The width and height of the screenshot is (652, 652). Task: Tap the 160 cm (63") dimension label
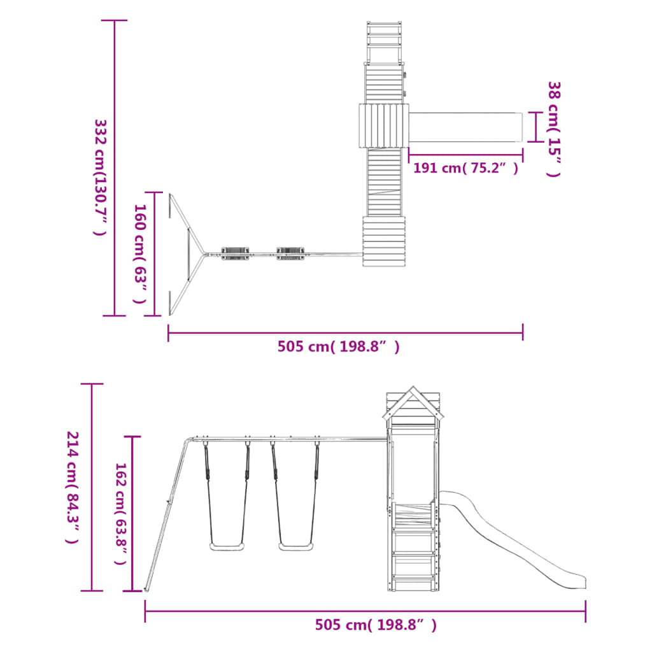coord(140,253)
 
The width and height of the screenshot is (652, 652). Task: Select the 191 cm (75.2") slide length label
coord(465,168)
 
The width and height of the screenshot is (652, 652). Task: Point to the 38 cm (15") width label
coord(554,129)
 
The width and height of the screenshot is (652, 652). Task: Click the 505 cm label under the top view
coord(339,346)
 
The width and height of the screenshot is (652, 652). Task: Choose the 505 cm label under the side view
coord(376,625)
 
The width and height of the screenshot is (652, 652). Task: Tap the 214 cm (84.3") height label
coord(73,487)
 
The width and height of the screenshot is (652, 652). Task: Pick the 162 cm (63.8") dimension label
coord(120,514)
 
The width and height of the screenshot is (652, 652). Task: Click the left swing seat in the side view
coord(227,546)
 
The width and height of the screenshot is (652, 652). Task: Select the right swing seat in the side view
coord(295,546)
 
